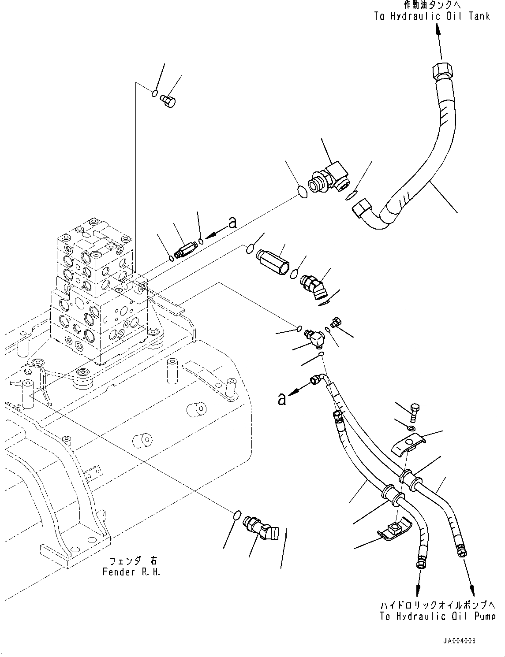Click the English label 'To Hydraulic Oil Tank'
coord(432,16)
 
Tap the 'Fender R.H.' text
coord(131,572)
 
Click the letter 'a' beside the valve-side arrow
coord(232,223)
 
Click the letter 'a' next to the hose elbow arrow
coord(281,399)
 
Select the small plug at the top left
coord(168,100)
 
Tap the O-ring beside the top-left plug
coord(154,93)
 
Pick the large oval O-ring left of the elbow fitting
coord(302,192)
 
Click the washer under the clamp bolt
coord(411,428)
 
